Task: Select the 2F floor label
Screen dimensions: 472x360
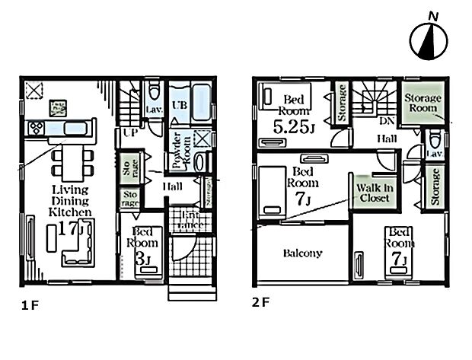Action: click(x=260, y=301)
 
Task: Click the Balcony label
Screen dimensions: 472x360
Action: click(x=302, y=253)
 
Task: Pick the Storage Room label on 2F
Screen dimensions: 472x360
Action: click(x=421, y=103)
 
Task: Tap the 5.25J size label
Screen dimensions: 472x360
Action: click(x=292, y=127)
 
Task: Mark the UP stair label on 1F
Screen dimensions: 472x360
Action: click(x=130, y=132)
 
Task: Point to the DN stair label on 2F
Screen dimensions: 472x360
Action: click(x=387, y=121)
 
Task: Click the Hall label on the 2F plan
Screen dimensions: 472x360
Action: click(x=387, y=139)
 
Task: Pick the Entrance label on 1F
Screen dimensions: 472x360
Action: click(x=183, y=221)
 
